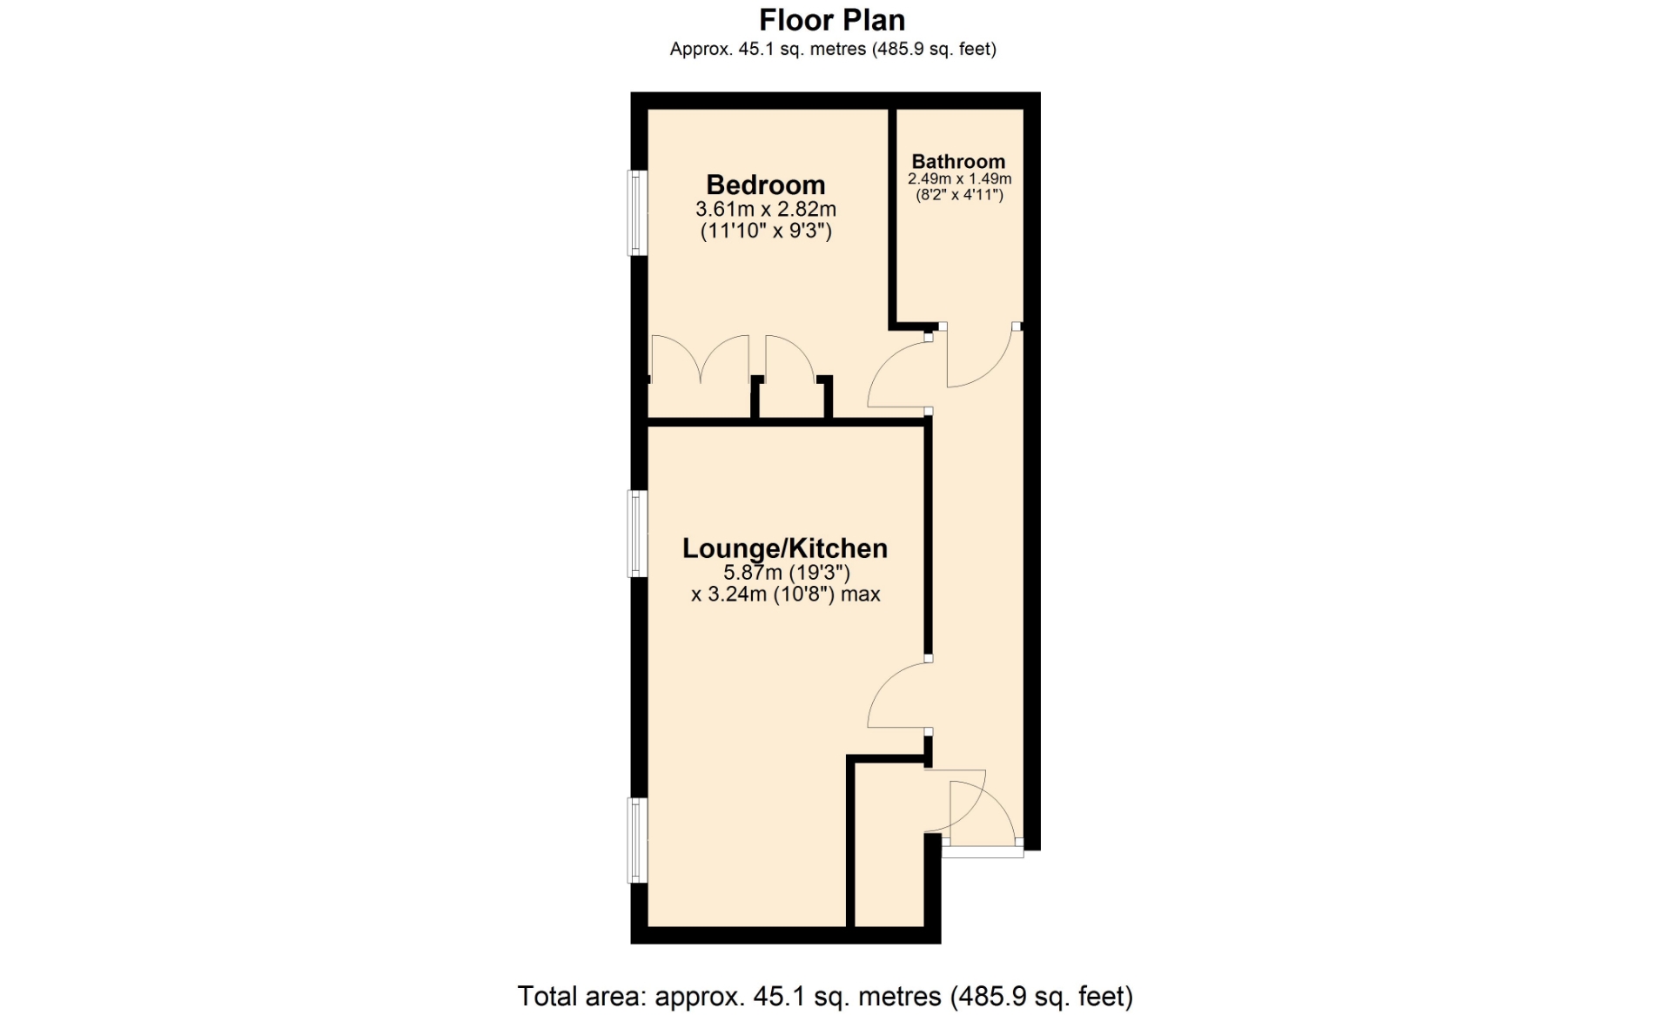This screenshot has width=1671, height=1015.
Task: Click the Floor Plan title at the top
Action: point(832,20)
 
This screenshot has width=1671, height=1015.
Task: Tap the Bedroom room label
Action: point(765,185)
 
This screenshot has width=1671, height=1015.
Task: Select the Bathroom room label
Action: point(958,162)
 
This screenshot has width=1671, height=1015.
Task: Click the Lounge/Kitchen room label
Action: point(784,548)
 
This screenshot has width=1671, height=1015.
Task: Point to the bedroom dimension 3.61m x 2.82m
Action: point(765,209)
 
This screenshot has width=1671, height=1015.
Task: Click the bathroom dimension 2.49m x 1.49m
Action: point(959,179)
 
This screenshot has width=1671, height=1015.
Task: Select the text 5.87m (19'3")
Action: point(786,573)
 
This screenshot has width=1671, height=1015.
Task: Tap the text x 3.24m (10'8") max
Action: point(785,595)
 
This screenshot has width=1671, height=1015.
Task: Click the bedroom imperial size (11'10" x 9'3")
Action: point(766,231)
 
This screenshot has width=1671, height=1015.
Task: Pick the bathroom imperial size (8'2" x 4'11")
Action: point(959,195)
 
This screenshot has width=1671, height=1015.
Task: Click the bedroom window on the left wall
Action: point(638,213)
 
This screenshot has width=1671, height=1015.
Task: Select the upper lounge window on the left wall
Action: point(638,534)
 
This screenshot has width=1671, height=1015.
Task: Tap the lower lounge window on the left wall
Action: point(638,841)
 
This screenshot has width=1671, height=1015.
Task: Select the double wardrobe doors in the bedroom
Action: point(700,357)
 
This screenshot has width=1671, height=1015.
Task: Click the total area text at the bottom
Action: point(825,996)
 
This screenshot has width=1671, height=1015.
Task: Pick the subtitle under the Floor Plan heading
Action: point(833,50)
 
